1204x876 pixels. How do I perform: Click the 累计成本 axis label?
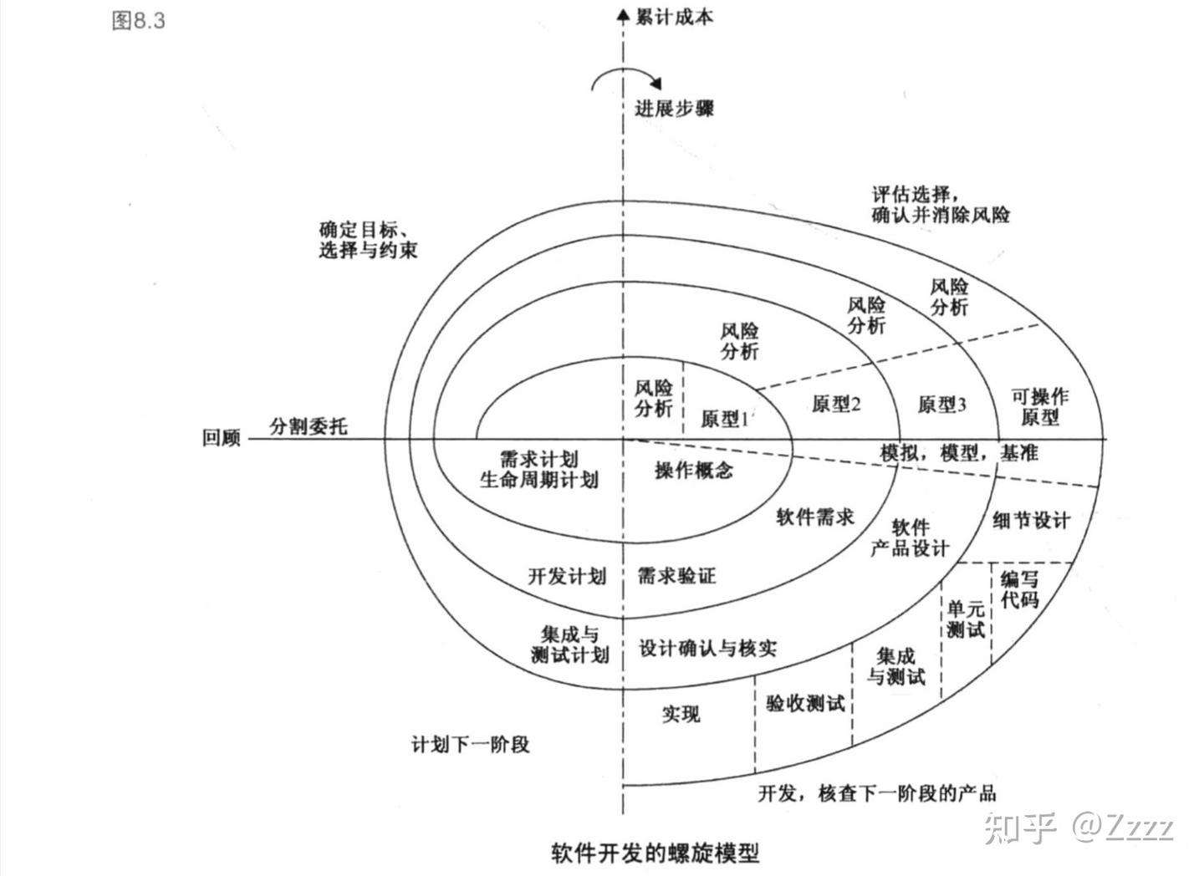click(x=674, y=17)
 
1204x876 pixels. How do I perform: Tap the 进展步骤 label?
click(x=674, y=108)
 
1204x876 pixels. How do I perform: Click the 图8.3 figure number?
click(x=139, y=21)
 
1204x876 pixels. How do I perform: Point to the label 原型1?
click(x=725, y=418)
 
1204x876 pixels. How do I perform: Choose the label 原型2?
click(x=836, y=405)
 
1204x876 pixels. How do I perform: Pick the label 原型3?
click(x=941, y=405)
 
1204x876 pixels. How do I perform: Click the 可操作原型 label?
click(x=1039, y=406)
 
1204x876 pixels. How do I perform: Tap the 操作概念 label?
click(x=693, y=471)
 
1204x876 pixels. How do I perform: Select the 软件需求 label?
click(x=815, y=517)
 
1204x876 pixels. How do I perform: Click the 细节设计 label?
click(x=1031, y=521)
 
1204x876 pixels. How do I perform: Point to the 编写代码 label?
click(x=1019, y=589)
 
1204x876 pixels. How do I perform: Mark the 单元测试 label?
click(x=966, y=619)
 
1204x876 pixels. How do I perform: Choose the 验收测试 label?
click(x=805, y=704)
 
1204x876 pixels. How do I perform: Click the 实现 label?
click(x=681, y=714)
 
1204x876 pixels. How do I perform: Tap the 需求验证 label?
click(x=676, y=576)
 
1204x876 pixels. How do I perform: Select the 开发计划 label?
click(x=567, y=576)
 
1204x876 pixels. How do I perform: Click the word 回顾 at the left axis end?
click(x=222, y=438)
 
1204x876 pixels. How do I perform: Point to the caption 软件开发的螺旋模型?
click(x=656, y=853)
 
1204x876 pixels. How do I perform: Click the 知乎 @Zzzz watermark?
click(x=1079, y=827)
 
